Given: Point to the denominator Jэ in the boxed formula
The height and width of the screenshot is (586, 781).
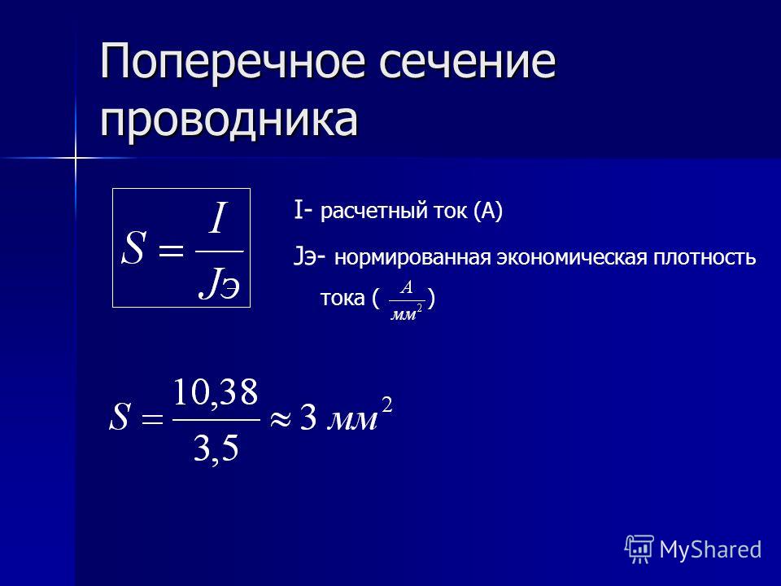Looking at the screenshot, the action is click(219, 284).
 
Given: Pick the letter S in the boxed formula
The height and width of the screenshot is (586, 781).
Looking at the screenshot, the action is click(133, 248).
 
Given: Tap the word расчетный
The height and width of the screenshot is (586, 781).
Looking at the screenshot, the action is click(373, 212).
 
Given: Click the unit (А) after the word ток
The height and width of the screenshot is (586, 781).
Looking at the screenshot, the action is click(488, 211).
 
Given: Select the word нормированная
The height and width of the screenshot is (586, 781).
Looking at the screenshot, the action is click(412, 258).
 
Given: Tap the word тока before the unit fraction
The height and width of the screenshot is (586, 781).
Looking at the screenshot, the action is click(343, 299).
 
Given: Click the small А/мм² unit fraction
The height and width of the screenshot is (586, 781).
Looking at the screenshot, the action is click(407, 300).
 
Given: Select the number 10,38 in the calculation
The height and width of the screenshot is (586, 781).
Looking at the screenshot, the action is click(215, 393).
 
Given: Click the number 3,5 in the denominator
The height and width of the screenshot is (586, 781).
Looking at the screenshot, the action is click(216, 449).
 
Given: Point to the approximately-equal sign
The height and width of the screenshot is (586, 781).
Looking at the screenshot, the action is click(280, 418).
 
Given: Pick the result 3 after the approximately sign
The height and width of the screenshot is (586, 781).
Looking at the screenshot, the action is click(308, 418).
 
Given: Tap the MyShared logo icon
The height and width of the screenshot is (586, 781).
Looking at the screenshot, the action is click(639, 549).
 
